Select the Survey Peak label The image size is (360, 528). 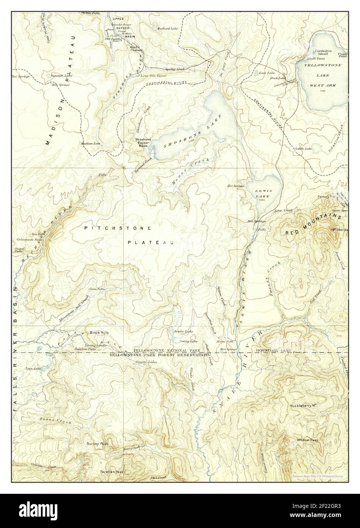[x=98, y=444]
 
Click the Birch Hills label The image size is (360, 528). [x=99, y=332]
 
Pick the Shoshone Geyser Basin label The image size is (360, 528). [x=144, y=142]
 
